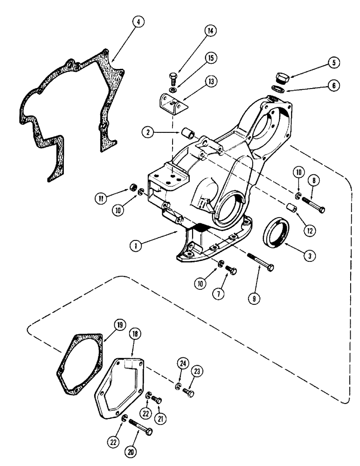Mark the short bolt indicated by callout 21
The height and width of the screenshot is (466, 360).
click(x=157, y=399)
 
